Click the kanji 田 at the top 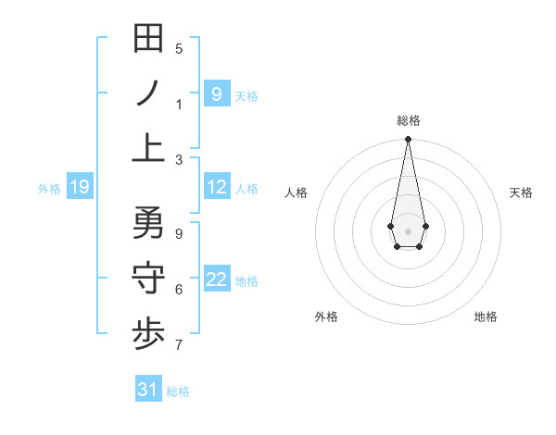pos(148,39)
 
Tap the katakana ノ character pos(148,93)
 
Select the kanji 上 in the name pos(148,147)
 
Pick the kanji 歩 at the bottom pos(148,334)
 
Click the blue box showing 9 pos(216,93)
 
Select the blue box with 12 pos(216,187)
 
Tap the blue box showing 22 pos(216,280)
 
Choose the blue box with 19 pos(79,188)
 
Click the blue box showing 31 pos(148,390)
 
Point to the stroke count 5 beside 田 pos(179,49)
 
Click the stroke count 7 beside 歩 pos(179,346)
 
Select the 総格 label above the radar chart pos(408,120)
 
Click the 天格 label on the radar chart pos(521,193)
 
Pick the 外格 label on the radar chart pos(326,317)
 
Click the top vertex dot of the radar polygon pos(408,140)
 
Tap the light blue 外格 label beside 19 pos(49,189)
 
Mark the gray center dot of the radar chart pos(408,230)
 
